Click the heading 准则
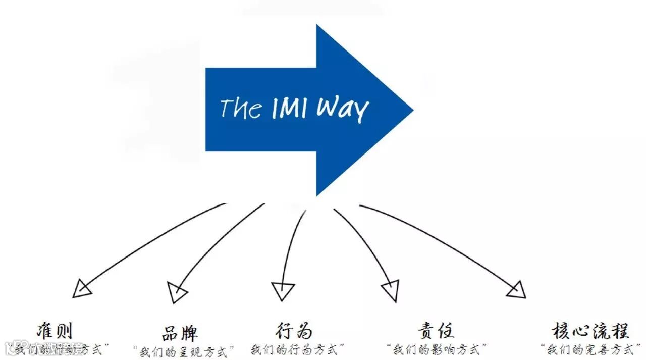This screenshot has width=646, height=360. click(x=55, y=331)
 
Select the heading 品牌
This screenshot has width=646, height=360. click(x=180, y=333)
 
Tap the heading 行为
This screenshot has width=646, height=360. click(x=294, y=331)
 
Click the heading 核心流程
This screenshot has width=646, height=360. click(x=590, y=331)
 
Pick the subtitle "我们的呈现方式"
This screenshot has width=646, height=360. click(x=185, y=351)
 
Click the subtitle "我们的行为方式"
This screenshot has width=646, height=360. click(x=298, y=349)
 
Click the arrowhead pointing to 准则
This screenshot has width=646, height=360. click(x=82, y=288)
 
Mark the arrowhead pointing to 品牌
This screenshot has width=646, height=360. click(x=177, y=292)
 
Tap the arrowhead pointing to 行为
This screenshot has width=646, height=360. click(x=283, y=291)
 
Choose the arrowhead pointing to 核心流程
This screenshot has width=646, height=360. click(x=516, y=289)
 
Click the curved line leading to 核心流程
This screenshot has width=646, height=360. click(x=444, y=237)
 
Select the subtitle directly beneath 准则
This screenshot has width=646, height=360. click(x=60, y=349)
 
